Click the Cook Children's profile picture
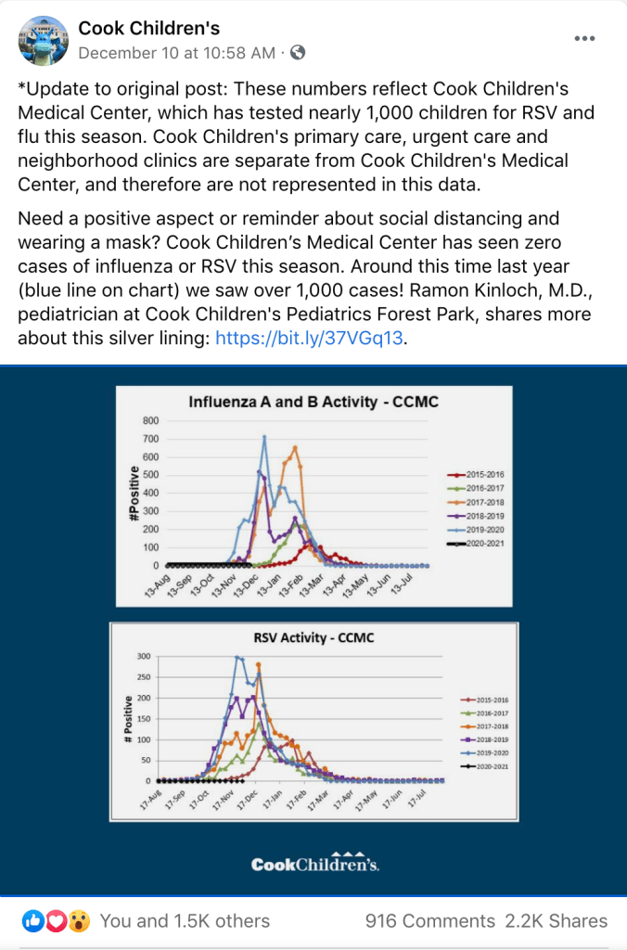[43, 40]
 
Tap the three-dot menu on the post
[585, 39]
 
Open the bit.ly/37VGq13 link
[311, 338]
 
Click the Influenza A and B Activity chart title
[313, 403]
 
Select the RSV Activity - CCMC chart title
[313, 637]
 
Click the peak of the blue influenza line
[264, 437]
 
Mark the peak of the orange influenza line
[295, 448]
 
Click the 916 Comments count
[429, 921]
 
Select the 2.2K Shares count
[557, 921]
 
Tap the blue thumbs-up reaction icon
[33, 921]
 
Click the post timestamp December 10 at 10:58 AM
[176, 53]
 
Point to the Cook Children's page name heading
[148, 29]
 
